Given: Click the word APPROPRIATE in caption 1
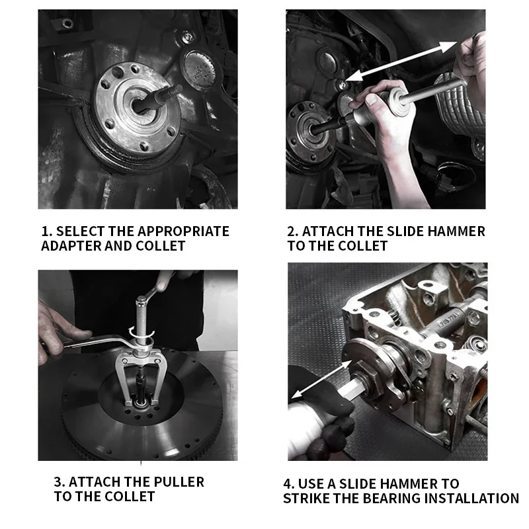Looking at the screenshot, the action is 183,231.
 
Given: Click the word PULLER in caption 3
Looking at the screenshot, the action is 179,482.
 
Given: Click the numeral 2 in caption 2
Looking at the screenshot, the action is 291,231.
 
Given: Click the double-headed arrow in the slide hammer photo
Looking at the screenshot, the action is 401,61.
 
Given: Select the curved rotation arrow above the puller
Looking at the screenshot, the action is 142,333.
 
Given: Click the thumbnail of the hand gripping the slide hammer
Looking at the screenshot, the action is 372,99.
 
